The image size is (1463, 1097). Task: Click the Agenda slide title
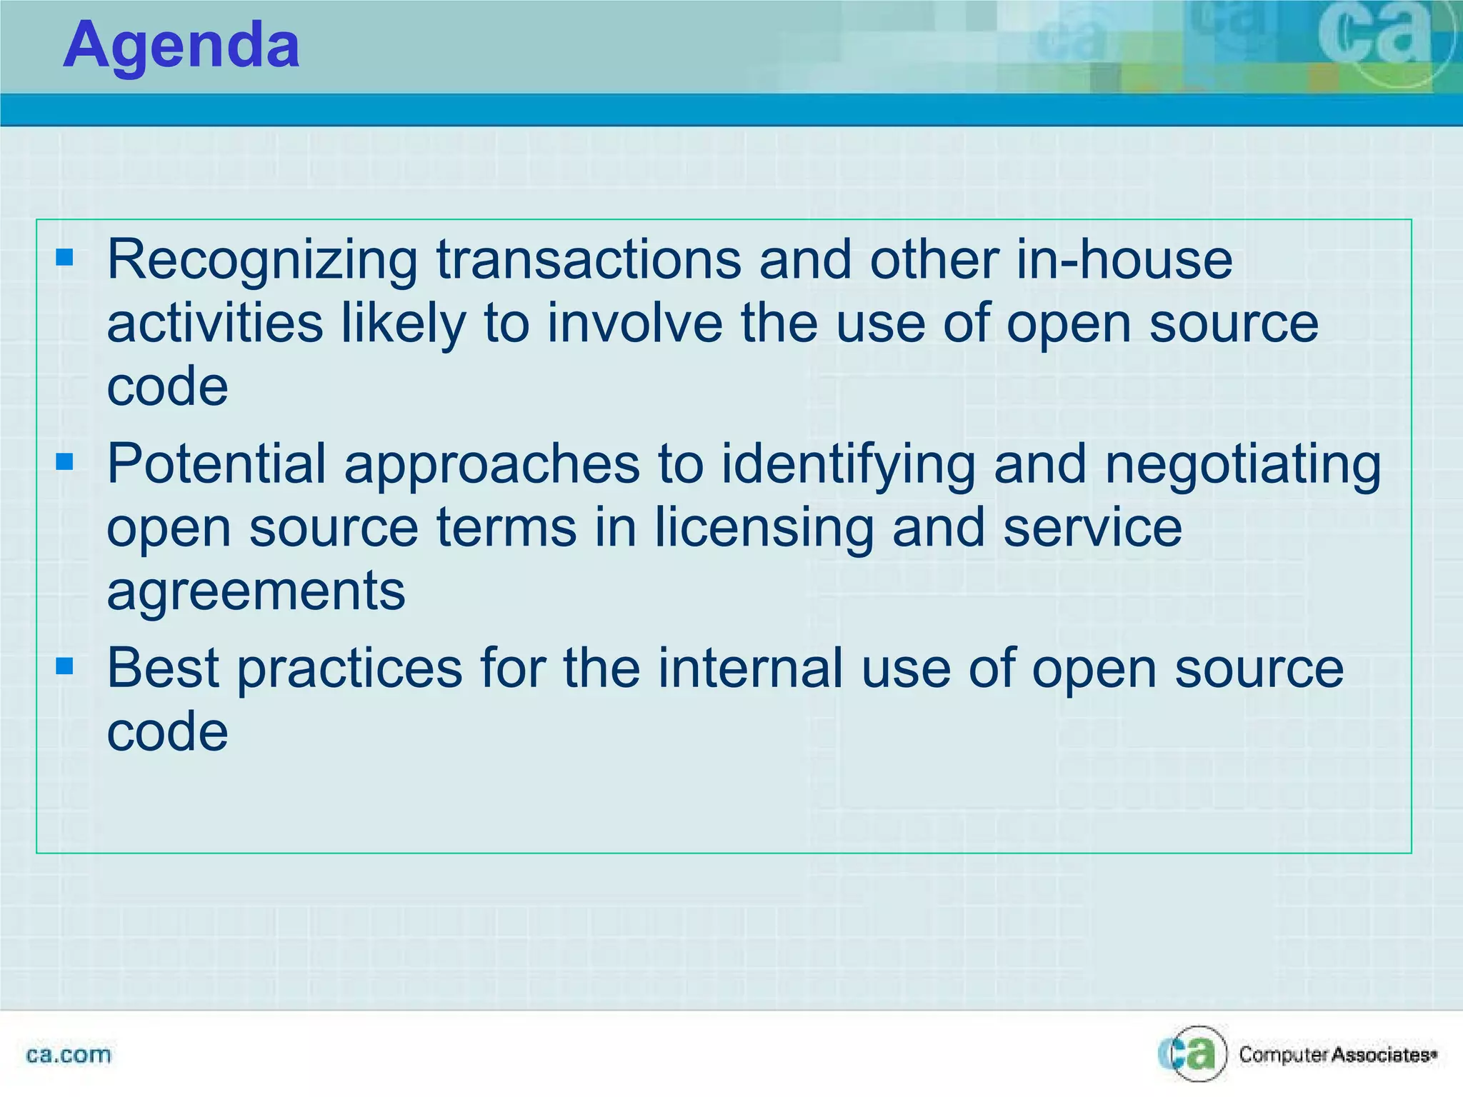tap(181, 46)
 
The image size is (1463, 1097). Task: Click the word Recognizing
tap(262, 260)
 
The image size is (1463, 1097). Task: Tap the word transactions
tap(589, 260)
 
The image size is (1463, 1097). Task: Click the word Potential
tap(216, 464)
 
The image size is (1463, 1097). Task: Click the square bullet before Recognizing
tap(65, 257)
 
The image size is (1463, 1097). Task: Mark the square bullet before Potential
tap(65, 462)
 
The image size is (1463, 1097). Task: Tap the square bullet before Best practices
tap(65, 666)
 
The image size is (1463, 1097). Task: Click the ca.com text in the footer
tap(69, 1055)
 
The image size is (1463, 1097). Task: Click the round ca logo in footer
tap(1192, 1053)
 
